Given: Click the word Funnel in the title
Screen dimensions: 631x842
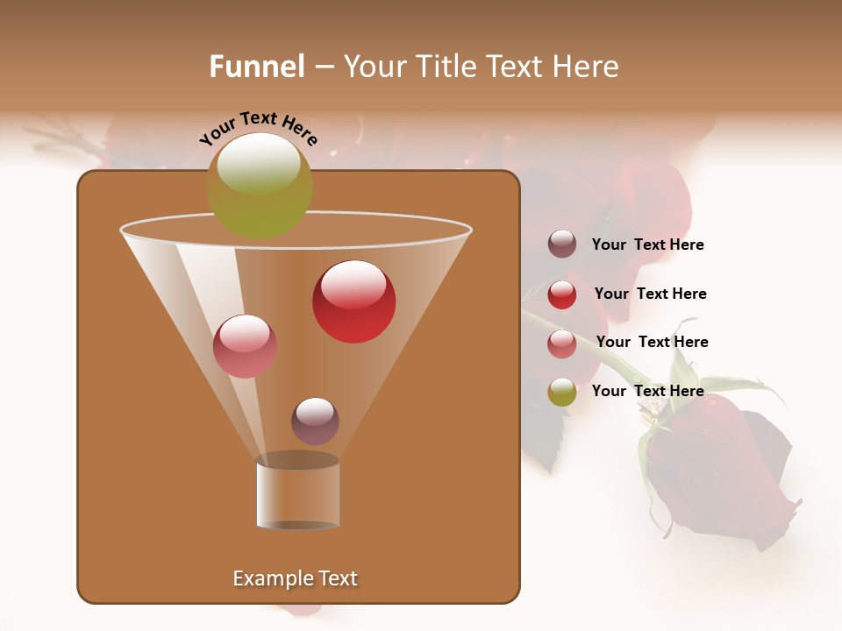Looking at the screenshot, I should (257, 67).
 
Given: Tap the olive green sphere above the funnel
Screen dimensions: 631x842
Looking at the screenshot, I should (259, 185).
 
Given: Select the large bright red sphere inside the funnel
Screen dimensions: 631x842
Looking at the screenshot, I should (353, 301).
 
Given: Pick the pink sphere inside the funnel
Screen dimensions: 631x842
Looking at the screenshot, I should (245, 346).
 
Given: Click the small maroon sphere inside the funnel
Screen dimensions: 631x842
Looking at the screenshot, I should (315, 422).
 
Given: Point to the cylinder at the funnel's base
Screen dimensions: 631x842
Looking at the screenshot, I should (297, 493).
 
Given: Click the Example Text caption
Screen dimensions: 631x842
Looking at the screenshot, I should (295, 578).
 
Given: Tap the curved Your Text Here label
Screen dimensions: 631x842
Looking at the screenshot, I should (258, 128).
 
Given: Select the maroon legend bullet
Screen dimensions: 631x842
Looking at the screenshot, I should (562, 245).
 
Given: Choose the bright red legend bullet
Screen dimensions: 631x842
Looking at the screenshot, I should (562, 294).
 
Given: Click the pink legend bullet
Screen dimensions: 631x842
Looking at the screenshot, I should (562, 344).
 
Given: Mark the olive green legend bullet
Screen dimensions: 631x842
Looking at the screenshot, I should (562, 392).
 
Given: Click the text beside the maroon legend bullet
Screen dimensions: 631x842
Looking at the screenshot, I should (647, 245).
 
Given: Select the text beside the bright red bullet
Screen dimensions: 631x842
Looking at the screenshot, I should (650, 294).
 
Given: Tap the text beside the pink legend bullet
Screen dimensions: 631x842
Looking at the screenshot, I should (652, 342).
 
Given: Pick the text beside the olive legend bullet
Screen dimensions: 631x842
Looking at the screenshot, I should (647, 391).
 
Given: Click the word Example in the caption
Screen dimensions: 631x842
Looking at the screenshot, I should (270, 578).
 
